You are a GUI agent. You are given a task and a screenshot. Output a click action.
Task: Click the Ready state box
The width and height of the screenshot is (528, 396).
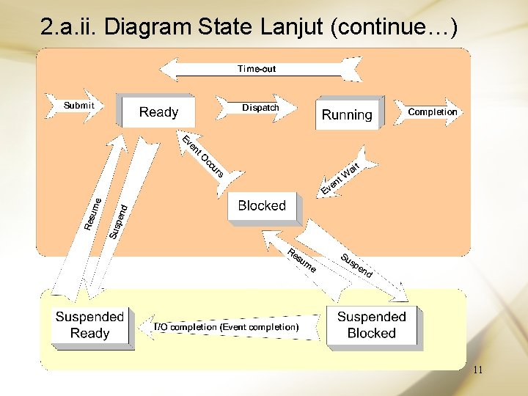click(158, 111)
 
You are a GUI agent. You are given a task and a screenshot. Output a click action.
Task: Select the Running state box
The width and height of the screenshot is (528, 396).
click(347, 114)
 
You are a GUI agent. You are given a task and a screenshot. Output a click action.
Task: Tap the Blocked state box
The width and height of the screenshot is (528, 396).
click(262, 205)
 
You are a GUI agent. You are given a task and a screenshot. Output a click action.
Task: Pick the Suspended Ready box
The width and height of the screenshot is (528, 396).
click(89, 325)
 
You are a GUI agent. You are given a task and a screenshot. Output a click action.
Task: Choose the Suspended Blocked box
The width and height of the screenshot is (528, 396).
click(371, 325)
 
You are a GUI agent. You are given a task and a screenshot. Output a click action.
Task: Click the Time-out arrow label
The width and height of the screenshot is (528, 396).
click(257, 69)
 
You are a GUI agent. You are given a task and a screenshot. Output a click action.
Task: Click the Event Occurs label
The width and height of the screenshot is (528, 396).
click(202, 156)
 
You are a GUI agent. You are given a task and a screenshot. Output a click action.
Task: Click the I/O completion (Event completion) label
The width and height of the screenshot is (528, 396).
click(226, 326)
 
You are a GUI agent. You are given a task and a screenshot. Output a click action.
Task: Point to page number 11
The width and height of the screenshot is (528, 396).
click(477, 370)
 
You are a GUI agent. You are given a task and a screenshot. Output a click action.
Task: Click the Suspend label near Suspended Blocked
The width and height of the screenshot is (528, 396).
click(357, 265)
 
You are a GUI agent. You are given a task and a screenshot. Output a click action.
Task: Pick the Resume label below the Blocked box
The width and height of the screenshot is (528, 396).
click(301, 261)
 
